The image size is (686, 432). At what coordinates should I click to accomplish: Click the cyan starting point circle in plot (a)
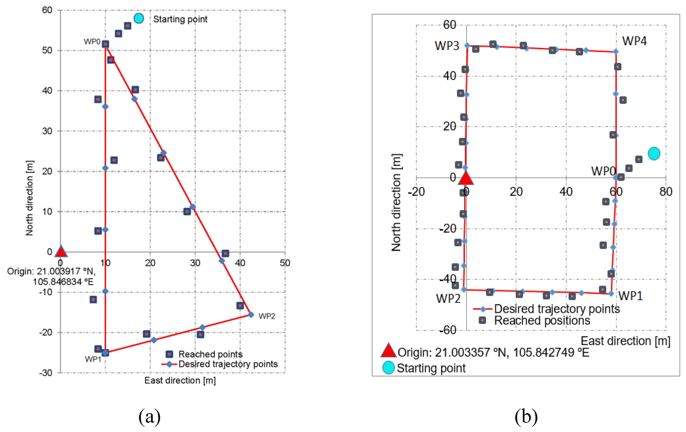139,18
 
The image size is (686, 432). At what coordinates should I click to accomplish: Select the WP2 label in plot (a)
267,316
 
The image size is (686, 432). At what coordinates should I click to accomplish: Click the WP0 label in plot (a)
92,42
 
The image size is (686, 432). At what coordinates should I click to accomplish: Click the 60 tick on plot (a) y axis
47,10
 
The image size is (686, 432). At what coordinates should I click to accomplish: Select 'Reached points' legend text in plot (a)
210,354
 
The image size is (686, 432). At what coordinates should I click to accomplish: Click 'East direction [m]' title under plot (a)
180,380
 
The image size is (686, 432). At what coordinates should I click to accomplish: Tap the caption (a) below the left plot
149,417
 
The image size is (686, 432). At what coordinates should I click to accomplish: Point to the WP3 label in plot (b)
447,46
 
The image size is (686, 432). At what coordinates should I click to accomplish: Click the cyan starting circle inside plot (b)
654,154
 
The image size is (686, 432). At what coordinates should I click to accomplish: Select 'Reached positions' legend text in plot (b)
542,320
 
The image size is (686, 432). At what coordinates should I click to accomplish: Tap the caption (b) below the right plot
526,417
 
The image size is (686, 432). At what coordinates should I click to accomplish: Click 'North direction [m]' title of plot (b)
396,202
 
